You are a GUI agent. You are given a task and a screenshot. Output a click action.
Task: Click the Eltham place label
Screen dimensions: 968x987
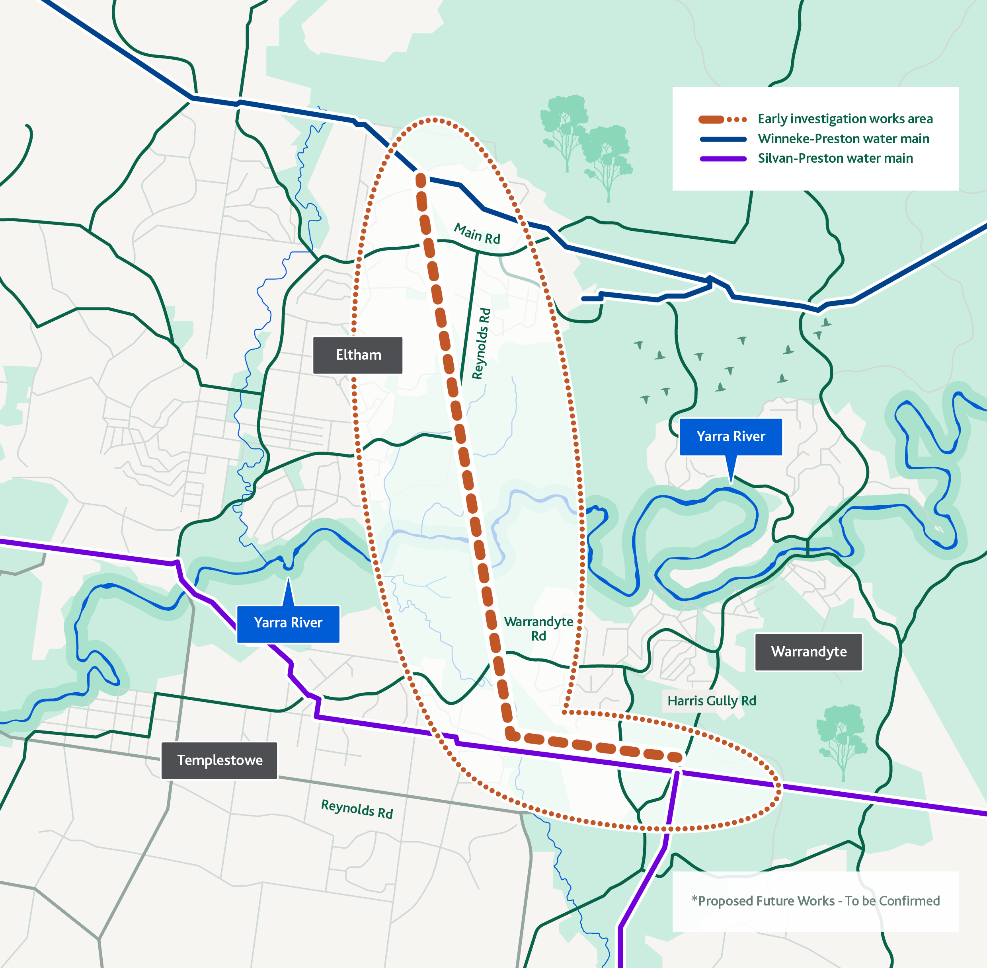coord(358,355)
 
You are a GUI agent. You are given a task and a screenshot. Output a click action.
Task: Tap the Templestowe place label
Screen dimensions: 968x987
coord(219,760)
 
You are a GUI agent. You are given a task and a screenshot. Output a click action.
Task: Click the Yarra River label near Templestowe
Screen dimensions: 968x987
coord(288,623)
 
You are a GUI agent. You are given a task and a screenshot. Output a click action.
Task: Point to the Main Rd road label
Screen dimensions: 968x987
coord(477,234)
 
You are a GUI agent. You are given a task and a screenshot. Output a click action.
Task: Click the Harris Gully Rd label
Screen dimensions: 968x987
coord(711,701)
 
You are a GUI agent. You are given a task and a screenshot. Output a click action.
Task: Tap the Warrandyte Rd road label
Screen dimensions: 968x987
coord(538,628)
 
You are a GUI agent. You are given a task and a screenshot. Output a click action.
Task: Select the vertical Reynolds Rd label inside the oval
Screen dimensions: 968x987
coord(481,343)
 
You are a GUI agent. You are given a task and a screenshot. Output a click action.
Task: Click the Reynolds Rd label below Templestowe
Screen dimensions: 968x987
coord(357,808)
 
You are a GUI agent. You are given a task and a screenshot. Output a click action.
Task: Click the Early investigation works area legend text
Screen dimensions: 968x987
coord(845,119)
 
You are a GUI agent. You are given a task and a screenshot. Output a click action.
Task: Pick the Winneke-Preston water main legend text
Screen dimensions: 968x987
coord(843,139)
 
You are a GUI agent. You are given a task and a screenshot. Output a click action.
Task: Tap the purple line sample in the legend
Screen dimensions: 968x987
coord(723,159)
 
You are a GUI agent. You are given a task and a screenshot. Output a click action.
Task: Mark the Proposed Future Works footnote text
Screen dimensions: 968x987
coord(815,901)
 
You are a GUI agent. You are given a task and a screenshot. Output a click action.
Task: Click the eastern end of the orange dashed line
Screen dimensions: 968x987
coord(675,758)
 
